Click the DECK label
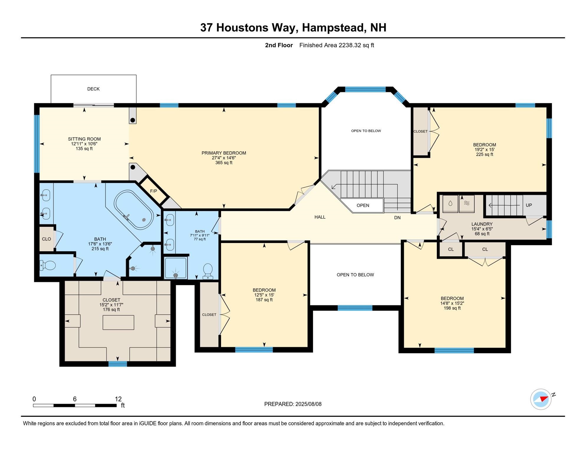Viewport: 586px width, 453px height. pos(93,89)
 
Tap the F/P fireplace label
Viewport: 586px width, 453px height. pos(154,191)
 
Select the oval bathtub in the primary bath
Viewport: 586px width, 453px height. pos(134,210)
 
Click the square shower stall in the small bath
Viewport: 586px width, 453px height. pos(176,268)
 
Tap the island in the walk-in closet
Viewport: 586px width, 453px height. pos(118,322)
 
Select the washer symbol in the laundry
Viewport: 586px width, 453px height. pos(450,203)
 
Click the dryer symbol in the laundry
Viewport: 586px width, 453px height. pos(467,203)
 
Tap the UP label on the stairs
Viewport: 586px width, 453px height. pos(529,205)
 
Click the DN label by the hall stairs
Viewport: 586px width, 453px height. pos(397,218)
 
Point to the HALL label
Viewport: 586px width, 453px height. pos(320,217)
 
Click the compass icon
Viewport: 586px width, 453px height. pos(541,399)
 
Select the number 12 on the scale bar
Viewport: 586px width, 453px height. pos(118,399)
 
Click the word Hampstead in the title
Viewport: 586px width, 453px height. pos(334,28)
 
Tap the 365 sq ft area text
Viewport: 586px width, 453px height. pos(224,163)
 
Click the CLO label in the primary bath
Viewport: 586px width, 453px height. pos(47,239)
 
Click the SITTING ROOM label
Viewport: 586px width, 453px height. pos(84,139)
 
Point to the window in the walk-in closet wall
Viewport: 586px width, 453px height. pos(118,364)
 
